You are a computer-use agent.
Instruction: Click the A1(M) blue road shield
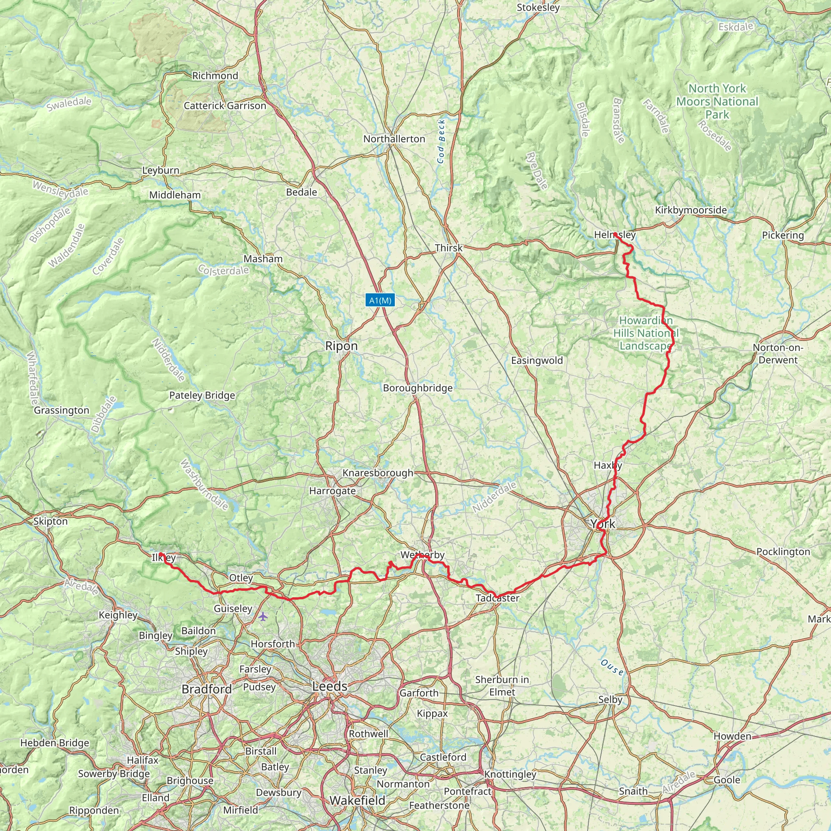(380, 300)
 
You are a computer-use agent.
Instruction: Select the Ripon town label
(341, 346)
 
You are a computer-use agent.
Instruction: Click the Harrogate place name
(332, 491)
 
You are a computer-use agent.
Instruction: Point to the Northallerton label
(394, 139)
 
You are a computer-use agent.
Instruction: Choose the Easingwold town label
(537, 360)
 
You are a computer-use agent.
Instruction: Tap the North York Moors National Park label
(717, 101)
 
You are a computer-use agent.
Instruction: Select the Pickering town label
(783, 235)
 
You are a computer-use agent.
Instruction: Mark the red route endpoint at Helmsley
(615, 234)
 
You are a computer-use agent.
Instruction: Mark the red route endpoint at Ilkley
(160, 554)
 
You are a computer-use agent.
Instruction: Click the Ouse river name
(611, 667)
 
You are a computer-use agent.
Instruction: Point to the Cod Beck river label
(441, 142)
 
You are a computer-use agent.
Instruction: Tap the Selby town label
(610, 700)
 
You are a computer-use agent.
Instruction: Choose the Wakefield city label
(357, 801)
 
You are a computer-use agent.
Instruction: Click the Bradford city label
(207, 689)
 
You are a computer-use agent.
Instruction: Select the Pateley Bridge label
(202, 395)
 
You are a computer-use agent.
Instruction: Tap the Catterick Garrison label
(225, 106)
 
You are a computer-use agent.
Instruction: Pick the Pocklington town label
(783, 552)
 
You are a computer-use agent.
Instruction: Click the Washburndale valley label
(204, 485)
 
